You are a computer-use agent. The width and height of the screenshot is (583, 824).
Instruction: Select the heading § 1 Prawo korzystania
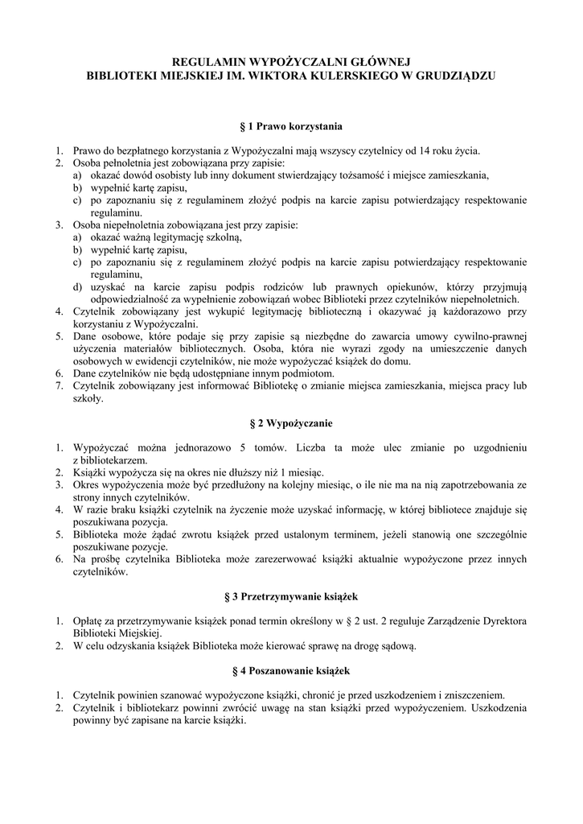coord(291,126)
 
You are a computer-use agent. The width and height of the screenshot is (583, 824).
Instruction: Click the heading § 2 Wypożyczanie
coord(291,422)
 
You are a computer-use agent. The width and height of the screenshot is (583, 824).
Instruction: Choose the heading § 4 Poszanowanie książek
coord(291,670)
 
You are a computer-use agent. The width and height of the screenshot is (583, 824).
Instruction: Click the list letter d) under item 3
coord(77,286)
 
